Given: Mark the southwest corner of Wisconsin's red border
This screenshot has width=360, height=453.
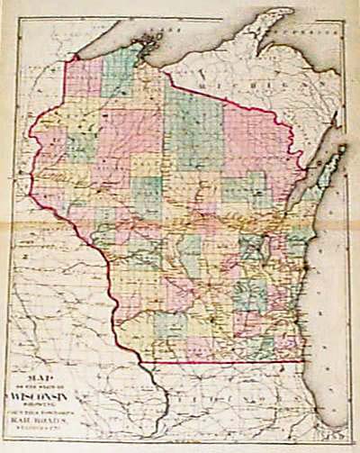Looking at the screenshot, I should [144, 362].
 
